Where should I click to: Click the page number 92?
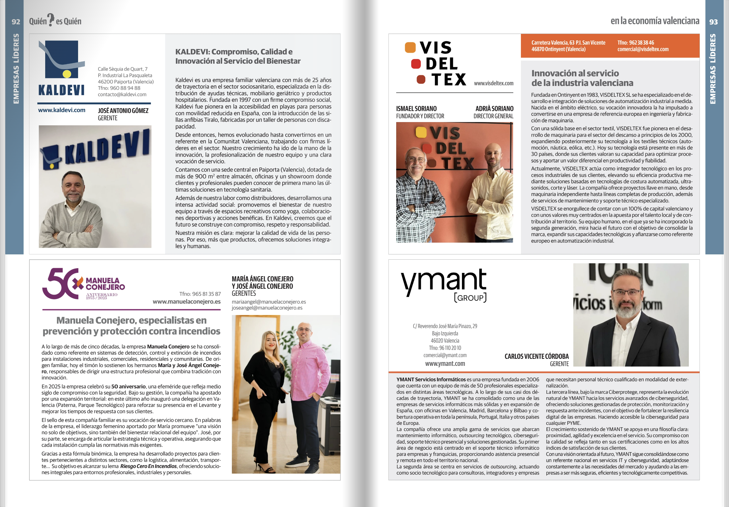(16, 22)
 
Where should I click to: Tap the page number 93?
(713, 22)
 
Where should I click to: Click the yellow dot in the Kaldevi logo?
(67, 74)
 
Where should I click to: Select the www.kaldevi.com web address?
(62, 110)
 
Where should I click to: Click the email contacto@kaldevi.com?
(122, 94)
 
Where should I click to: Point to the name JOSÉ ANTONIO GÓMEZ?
(123, 111)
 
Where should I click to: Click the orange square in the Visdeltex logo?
(410, 48)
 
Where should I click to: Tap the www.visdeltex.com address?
(493, 83)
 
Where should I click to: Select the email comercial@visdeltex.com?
(643, 49)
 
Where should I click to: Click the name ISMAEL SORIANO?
(416, 109)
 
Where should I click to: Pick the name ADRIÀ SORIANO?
(494, 109)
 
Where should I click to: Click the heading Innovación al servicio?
(575, 73)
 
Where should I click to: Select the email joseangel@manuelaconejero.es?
(267, 307)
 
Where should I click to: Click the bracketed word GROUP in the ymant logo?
(470, 298)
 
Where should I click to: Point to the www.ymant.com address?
(445, 364)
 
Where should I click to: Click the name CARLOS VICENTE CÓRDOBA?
(536, 356)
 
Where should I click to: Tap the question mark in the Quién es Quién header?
(51, 20)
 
